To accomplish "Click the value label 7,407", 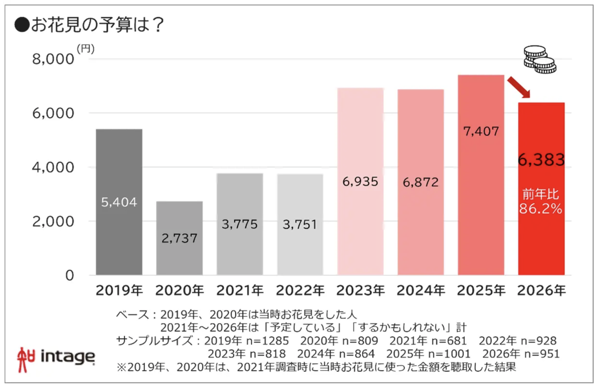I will [x=481, y=131].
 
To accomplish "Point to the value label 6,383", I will [x=541, y=160].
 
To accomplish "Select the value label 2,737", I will [x=179, y=238].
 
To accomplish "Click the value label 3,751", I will [x=300, y=225].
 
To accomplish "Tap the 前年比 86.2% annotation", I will [x=541, y=202].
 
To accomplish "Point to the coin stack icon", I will [x=540, y=60].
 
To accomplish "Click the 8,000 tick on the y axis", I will [x=53, y=59].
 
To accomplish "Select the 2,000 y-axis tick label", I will [x=53, y=222].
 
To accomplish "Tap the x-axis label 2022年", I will [x=300, y=291].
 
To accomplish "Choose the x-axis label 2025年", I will [x=481, y=291].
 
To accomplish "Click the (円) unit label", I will [x=86, y=48].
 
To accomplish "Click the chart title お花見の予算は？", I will [x=97, y=25].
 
